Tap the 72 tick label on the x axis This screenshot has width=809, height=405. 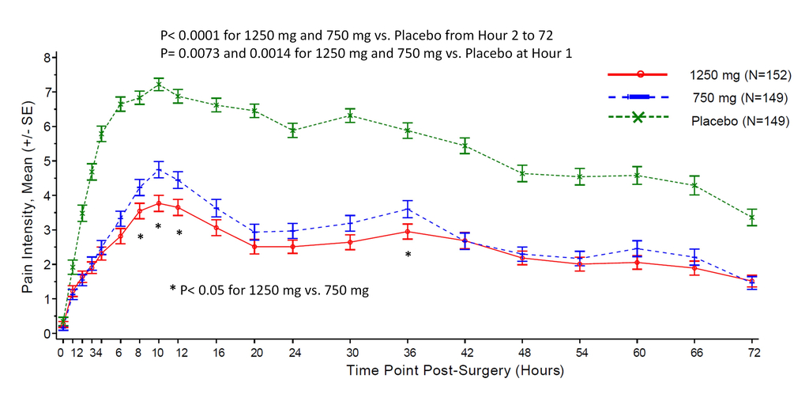(754, 353)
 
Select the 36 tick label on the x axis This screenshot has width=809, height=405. (408, 353)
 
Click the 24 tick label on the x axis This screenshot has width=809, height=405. (292, 353)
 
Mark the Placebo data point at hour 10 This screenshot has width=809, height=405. (158, 85)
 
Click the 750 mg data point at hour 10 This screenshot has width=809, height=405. (158, 169)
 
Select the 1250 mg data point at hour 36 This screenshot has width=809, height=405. (408, 231)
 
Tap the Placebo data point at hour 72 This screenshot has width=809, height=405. (754, 217)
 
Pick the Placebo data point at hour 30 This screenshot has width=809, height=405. (350, 115)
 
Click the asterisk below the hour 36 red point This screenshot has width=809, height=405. (408, 255)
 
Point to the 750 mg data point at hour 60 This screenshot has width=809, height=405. (638, 248)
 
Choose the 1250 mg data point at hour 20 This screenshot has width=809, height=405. (254, 246)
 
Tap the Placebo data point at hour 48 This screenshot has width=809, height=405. (523, 173)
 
